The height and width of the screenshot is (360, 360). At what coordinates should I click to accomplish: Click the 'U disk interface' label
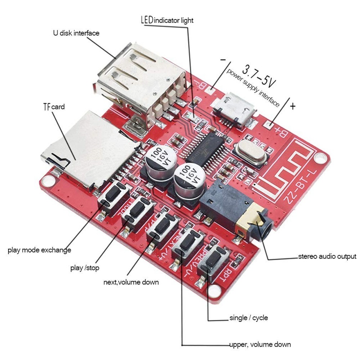pos(76,33)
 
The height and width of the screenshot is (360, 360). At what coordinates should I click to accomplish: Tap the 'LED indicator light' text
pos(166,20)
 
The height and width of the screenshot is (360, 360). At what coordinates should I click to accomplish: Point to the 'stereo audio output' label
pos(327,257)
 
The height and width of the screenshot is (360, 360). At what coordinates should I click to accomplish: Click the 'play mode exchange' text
pos(39,250)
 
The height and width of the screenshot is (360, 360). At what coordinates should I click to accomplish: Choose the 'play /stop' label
pos(85,268)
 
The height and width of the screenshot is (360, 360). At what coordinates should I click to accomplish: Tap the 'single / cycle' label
pos(248,318)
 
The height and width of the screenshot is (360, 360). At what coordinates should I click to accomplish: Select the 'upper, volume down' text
pos(260,345)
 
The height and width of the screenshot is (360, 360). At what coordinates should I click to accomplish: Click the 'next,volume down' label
pos(131,282)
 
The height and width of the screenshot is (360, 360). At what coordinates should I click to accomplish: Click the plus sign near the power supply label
pos(293,106)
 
